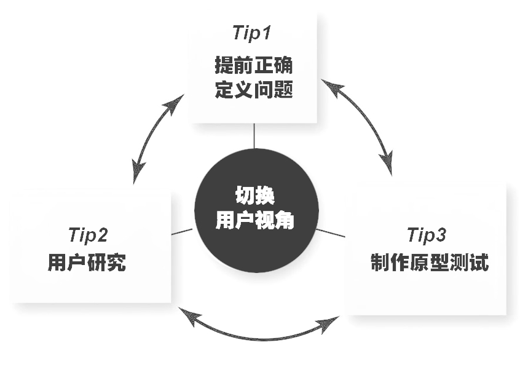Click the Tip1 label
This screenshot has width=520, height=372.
coord(253,33)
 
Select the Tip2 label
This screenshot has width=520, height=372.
coord(88,235)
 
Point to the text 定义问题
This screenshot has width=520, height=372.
coord(253,91)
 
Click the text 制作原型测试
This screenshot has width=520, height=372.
coord(430,263)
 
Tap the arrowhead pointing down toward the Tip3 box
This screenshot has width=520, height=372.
coord(387,162)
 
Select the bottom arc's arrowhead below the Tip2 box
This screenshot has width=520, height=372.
coord(191,319)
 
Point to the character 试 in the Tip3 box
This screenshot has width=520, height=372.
coord(479,263)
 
